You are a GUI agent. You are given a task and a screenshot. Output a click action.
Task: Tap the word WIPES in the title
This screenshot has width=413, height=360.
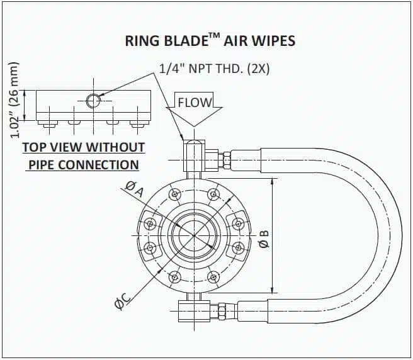(274, 42)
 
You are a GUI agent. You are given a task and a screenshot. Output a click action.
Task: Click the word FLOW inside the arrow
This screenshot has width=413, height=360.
(195, 102)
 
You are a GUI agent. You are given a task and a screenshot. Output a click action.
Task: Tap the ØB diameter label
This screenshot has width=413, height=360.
(264, 238)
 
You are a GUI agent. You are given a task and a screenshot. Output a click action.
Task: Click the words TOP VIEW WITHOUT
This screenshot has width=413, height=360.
(84, 148)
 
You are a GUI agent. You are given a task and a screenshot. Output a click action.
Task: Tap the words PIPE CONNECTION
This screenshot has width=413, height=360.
(82, 165)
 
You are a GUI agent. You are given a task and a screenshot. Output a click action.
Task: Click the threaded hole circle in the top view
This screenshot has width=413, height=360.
(93, 100)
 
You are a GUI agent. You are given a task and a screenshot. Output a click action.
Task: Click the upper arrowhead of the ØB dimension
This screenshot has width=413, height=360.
(273, 183)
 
